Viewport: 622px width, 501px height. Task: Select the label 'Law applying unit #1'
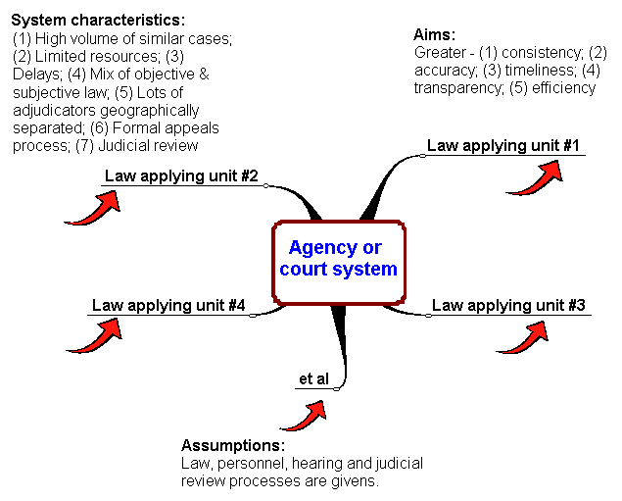503,146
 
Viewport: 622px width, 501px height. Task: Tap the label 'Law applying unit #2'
180,176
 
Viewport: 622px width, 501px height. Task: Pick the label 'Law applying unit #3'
508,306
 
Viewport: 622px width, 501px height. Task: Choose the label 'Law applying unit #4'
167,306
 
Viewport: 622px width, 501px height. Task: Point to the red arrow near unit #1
541,176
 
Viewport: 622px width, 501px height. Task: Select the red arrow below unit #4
96,335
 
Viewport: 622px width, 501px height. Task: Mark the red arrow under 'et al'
306,413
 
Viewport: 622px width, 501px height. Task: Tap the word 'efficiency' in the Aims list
563,87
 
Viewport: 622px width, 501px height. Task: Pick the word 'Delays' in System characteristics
36,74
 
